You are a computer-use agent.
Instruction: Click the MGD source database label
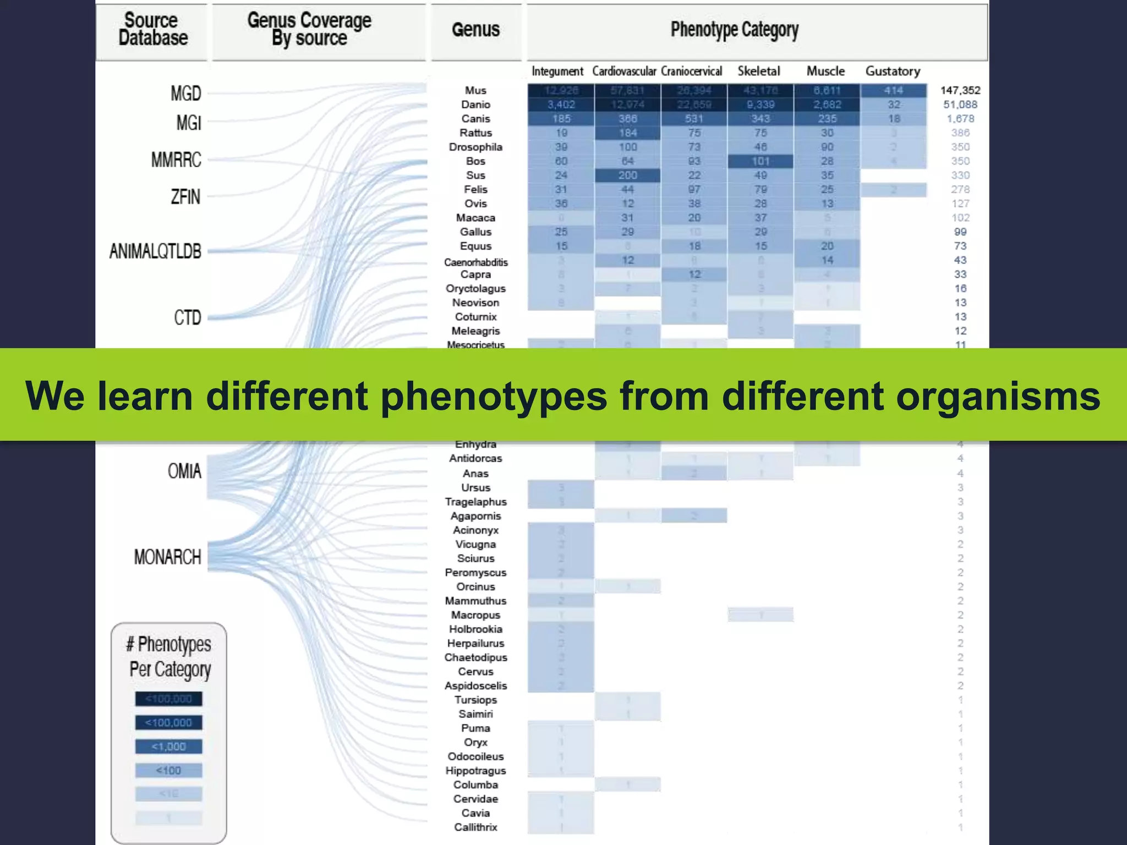pos(185,94)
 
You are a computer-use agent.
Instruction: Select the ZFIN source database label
pos(185,196)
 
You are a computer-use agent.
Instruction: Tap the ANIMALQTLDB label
pos(155,251)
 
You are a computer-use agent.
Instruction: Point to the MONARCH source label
pos(167,557)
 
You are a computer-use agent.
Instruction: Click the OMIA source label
pos(184,471)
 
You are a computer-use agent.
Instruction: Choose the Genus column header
pos(475,30)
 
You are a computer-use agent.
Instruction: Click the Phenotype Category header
pos(734,30)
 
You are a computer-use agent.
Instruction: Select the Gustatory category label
pos(893,71)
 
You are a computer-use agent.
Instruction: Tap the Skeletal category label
pos(759,71)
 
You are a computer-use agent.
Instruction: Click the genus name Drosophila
pos(475,147)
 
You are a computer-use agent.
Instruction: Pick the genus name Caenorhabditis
pos(475,262)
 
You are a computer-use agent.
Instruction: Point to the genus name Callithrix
pos(475,827)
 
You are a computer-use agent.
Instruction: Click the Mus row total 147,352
pos(960,90)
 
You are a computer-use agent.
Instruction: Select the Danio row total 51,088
pos(960,105)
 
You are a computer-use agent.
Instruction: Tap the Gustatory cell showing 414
pos(893,90)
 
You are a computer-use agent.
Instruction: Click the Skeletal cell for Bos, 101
pos(761,161)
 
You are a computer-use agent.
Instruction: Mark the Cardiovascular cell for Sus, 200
pos(627,175)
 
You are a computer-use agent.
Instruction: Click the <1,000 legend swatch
pos(168,747)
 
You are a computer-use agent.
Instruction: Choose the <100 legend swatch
pos(168,770)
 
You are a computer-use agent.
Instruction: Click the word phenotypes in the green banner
pos(494,396)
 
